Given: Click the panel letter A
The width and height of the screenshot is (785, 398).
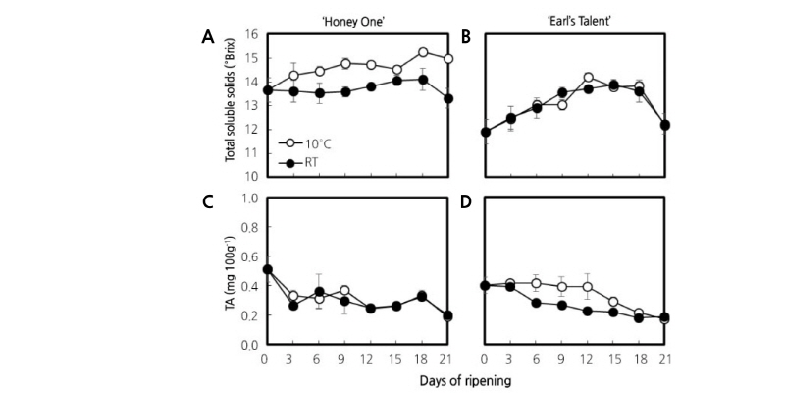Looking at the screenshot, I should (x=207, y=37).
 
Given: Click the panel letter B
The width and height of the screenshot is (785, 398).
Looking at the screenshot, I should (x=465, y=37).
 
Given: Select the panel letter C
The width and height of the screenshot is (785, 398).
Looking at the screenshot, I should (x=207, y=203).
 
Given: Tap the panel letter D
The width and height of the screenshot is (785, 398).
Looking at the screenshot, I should (x=465, y=203).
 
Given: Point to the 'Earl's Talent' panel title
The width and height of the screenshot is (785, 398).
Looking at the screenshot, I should (x=575, y=15).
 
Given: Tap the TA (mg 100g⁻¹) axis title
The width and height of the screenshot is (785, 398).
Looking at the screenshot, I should (x=231, y=270).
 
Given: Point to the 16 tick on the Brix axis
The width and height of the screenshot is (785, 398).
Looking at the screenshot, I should (x=249, y=34).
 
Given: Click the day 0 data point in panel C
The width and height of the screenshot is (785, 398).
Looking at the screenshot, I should (x=266, y=269).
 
